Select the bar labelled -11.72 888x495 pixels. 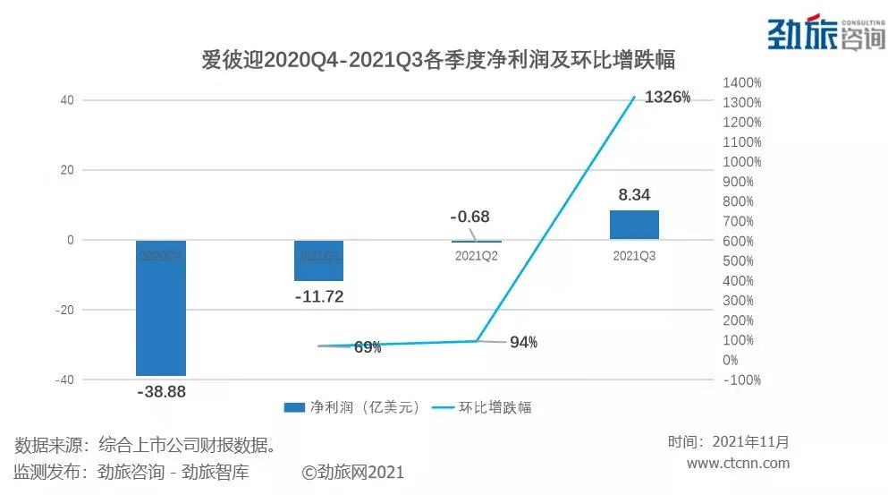pyautogui.click(x=319, y=260)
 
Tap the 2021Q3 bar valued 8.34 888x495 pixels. pyautogui.click(x=634, y=225)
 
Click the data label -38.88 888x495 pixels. pyautogui.click(x=161, y=391)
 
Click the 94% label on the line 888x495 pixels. pyautogui.click(x=524, y=342)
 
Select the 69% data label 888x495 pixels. pyautogui.click(x=368, y=347)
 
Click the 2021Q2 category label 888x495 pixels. pyautogui.click(x=476, y=256)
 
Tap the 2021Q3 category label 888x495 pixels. pyautogui.click(x=634, y=256)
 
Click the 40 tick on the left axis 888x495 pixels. pyautogui.click(x=67, y=100)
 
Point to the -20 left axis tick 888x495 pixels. pyautogui.click(x=63, y=310)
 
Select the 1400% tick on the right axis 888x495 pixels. pyautogui.click(x=743, y=82)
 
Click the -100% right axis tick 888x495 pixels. pyautogui.click(x=743, y=380)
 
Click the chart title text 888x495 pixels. pyautogui.click(x=437, y=60)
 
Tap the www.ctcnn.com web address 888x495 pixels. pyautogui.click(x=738, y=463)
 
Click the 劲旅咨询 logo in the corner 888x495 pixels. pyautogui.click(x=825, y=33)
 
